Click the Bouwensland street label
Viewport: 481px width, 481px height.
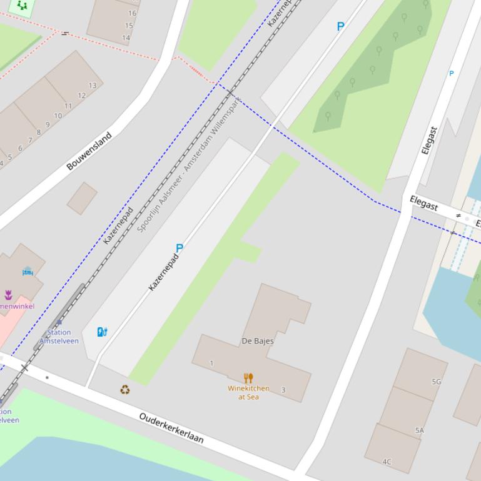click(89, 151)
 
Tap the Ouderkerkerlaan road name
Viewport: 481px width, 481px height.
click(171, 428)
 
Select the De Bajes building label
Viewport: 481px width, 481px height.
click(258, 341)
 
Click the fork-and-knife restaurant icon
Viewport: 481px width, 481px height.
click(248, 378)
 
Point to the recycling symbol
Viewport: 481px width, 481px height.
click(125, 390)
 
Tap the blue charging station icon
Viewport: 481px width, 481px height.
click(102, 332)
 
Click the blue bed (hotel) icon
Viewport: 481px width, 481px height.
click(28, 272)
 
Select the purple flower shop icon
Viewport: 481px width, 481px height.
click(8, 295)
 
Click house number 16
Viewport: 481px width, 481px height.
click(132, 13)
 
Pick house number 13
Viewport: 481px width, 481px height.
click(93, 86)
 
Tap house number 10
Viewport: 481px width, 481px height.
click(58, 116)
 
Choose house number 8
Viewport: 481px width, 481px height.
click(38, 132)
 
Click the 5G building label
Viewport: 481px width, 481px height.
click(436, 382)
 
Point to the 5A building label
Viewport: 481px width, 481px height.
click(420, 430)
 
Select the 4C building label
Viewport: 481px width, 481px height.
click(387, 462)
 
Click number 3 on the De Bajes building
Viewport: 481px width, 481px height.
click(283, 390)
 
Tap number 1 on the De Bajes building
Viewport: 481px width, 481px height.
click(211, 363)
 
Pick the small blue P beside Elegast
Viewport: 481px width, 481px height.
click(451, 74)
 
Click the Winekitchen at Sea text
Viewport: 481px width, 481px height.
click(248, 392)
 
